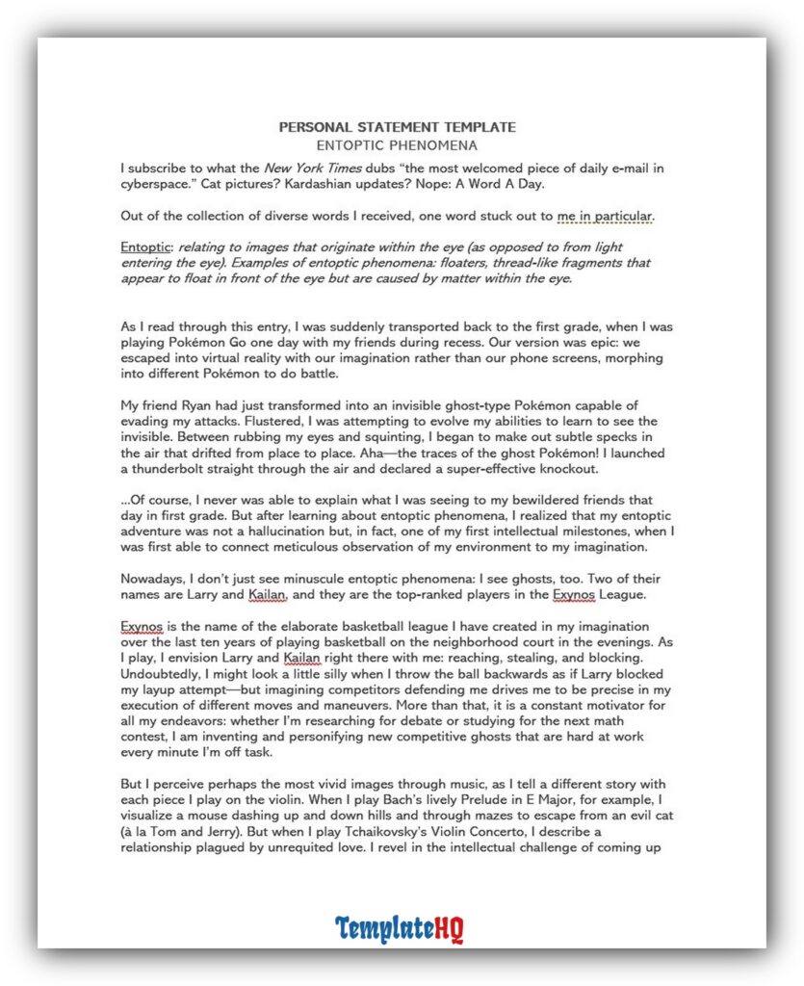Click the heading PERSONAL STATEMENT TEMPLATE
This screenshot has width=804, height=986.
(x=397, y=127)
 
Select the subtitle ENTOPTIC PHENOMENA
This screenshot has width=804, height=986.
(x=397, y=146)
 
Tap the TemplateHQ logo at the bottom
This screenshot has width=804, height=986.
(x=400, y=928)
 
